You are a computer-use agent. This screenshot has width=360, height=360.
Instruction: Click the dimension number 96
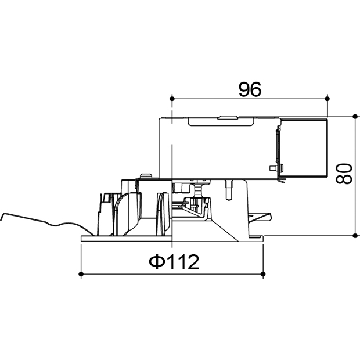pyautogui.click(x=250, y=89)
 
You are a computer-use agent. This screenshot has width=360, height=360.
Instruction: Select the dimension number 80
pyautogui.click(x=344, y=174)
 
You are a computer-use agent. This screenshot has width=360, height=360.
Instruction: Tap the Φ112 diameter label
pyautogui.click(x=174, y=262)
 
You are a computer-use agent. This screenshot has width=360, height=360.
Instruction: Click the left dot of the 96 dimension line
pyautogui.click(x=172, y=99)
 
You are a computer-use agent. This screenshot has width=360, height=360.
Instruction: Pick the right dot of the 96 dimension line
pyautogui.click(x=327, y=99)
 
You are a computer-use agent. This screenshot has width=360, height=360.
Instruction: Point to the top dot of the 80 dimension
pyautogui.click(x=355, y=116)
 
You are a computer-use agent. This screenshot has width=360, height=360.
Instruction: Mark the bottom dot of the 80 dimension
pyautogui.click(x=355, y=235)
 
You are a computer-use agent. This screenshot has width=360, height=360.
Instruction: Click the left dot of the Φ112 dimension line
pyautogui.click(x=81, y=274)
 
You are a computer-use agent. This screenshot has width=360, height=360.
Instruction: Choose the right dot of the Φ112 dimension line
pyautogui.click(x=264, y=274)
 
